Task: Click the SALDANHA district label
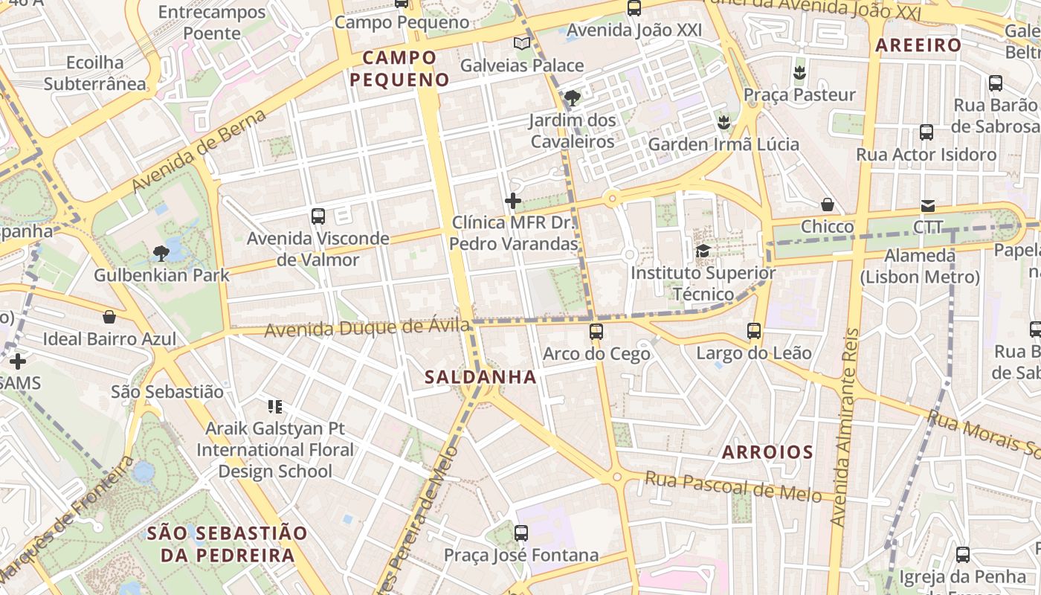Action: point(480,377)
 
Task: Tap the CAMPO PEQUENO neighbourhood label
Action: point(400,68)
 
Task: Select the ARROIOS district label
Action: point(767,452)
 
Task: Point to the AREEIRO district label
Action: point(918,45)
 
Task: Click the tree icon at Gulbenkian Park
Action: point(161,254)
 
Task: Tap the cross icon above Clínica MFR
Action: point(513,201)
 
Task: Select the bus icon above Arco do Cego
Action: point(596,332)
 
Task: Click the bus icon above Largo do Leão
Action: point(754,331)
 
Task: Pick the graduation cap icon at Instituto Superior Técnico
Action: point(703,251)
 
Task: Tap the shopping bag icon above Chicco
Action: point(828,205)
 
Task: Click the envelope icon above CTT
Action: point(928,206)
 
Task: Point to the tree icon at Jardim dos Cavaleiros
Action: point(573,98)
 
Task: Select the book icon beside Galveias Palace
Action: point(522,44)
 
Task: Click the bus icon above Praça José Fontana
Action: point(521,533)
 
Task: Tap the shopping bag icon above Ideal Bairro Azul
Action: point(109,318)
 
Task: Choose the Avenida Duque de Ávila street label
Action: point(367,327)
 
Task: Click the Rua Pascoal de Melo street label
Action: point(733,486)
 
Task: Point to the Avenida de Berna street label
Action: point(199,150)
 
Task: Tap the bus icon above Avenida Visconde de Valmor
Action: point(318,216)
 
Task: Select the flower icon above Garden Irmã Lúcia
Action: point(723,122)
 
